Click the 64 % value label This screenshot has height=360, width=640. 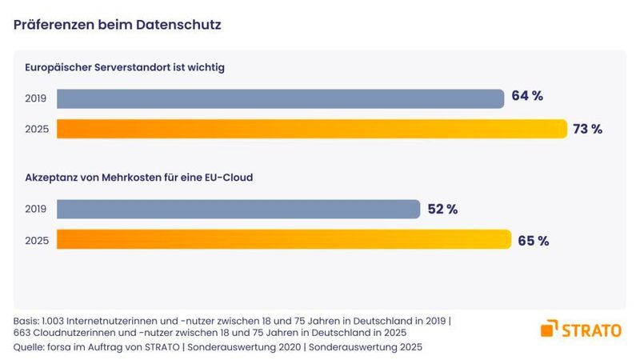coord(527,97)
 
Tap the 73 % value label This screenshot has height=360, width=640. coord(586,129)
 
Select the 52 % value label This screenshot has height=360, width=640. coord(442,209)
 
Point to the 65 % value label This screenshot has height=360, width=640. coord(533,241)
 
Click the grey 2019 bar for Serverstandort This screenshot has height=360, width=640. coord(280,98)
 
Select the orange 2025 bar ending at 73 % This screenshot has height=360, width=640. coord(312,129)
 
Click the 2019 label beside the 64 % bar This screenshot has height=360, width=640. coord(37,98)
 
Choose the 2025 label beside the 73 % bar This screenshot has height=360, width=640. coord(37,129)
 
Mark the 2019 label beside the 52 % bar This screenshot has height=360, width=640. coord(37,210)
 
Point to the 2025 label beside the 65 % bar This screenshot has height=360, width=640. coord(37,240)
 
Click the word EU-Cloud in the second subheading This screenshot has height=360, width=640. coord(227,178)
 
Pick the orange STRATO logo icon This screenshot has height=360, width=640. coord(550,328)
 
